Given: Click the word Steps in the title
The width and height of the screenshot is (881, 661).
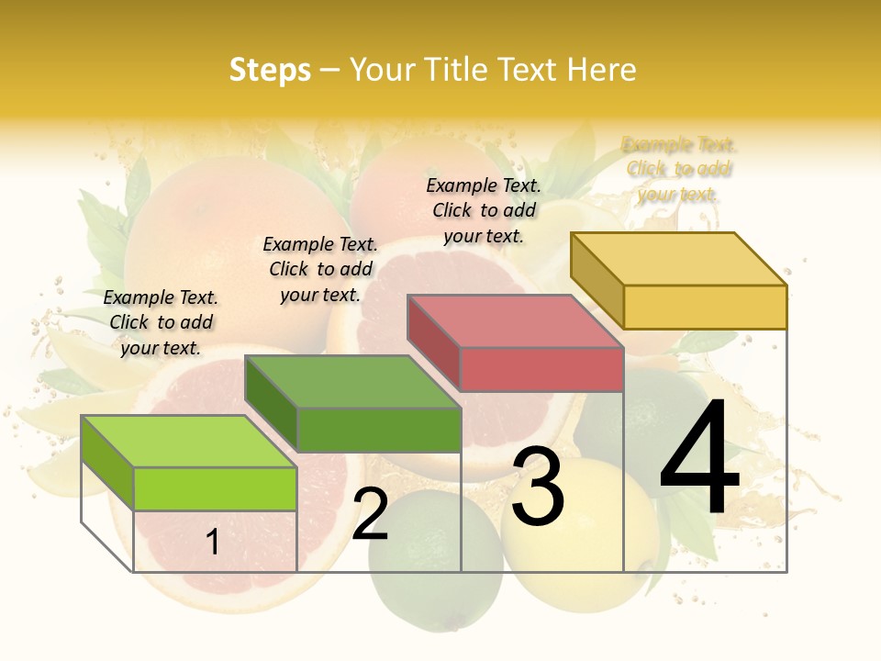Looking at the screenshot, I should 270,70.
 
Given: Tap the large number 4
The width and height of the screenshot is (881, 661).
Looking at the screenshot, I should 700,460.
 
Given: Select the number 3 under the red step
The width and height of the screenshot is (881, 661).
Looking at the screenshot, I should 538,487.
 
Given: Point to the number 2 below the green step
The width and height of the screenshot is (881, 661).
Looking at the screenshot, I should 370,515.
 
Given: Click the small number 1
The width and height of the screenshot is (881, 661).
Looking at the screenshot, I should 213,542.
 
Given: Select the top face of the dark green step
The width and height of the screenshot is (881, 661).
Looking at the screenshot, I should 352,381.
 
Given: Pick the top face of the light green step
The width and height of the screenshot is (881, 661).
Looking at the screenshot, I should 189,441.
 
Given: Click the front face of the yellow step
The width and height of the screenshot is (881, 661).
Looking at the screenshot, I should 705,307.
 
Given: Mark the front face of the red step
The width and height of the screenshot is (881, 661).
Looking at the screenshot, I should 541,369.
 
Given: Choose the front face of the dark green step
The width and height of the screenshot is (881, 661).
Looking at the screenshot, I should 378,430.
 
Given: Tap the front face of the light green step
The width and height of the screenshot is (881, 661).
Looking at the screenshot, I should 215,488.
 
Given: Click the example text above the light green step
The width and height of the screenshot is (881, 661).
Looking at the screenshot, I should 161,322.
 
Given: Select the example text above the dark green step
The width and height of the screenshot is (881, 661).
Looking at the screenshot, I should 320,269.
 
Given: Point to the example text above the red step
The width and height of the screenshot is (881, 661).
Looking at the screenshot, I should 484,210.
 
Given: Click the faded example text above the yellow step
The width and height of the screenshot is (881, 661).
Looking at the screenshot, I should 679,169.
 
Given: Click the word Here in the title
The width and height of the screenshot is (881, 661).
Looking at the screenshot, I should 601,70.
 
